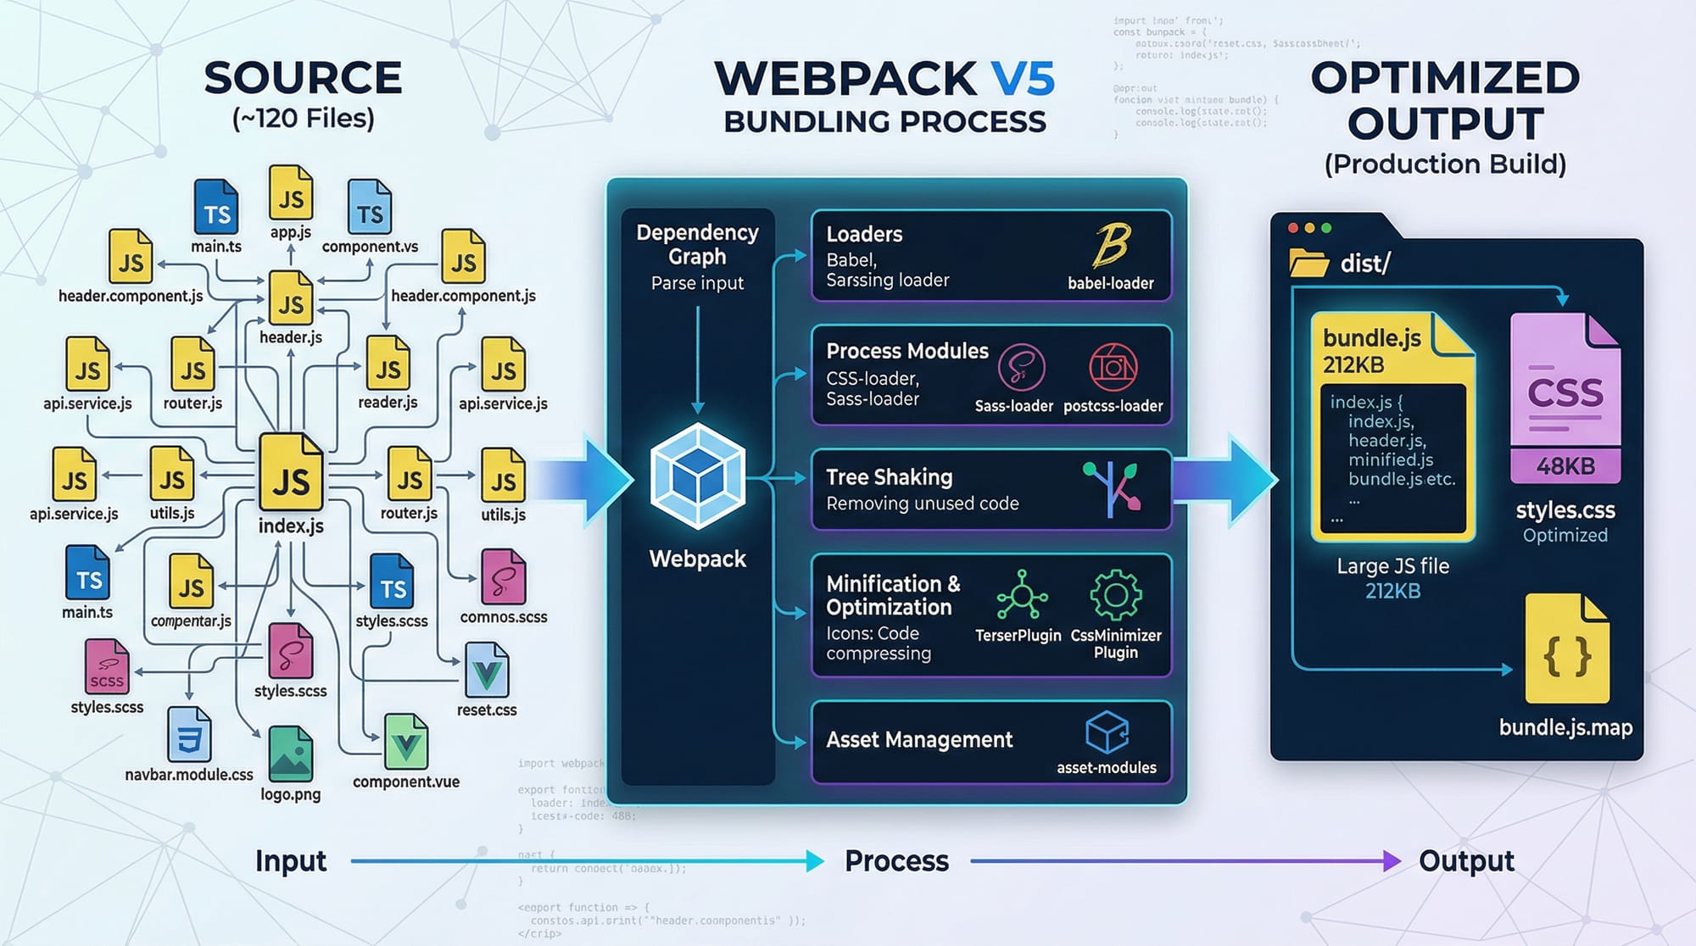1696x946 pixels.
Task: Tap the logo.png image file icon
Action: coord(290,754)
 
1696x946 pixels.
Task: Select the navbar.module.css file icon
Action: coord(189,734)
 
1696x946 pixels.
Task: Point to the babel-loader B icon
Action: coord(1110,246)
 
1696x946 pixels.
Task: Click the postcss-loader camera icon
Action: coord(1113,367)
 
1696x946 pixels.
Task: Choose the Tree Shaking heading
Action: coord(889,477)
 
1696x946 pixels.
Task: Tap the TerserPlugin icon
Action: coord(1021,595)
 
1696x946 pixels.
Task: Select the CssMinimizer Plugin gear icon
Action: coord(1115,595)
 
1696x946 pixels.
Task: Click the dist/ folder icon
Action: coord(1308,263)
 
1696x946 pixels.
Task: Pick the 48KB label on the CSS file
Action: coord(1565,466)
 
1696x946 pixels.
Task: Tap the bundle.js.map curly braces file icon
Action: coord(1566,649)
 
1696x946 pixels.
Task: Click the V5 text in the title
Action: coord(1023,79)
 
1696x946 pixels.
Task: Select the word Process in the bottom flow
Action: coord(896,861)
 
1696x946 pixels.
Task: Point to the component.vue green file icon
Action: coord(406,743)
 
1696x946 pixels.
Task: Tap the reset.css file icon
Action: coord(487,671)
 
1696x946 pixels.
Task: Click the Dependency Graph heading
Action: coord(697,244)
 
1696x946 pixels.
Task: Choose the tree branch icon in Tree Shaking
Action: coord(1112,488)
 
